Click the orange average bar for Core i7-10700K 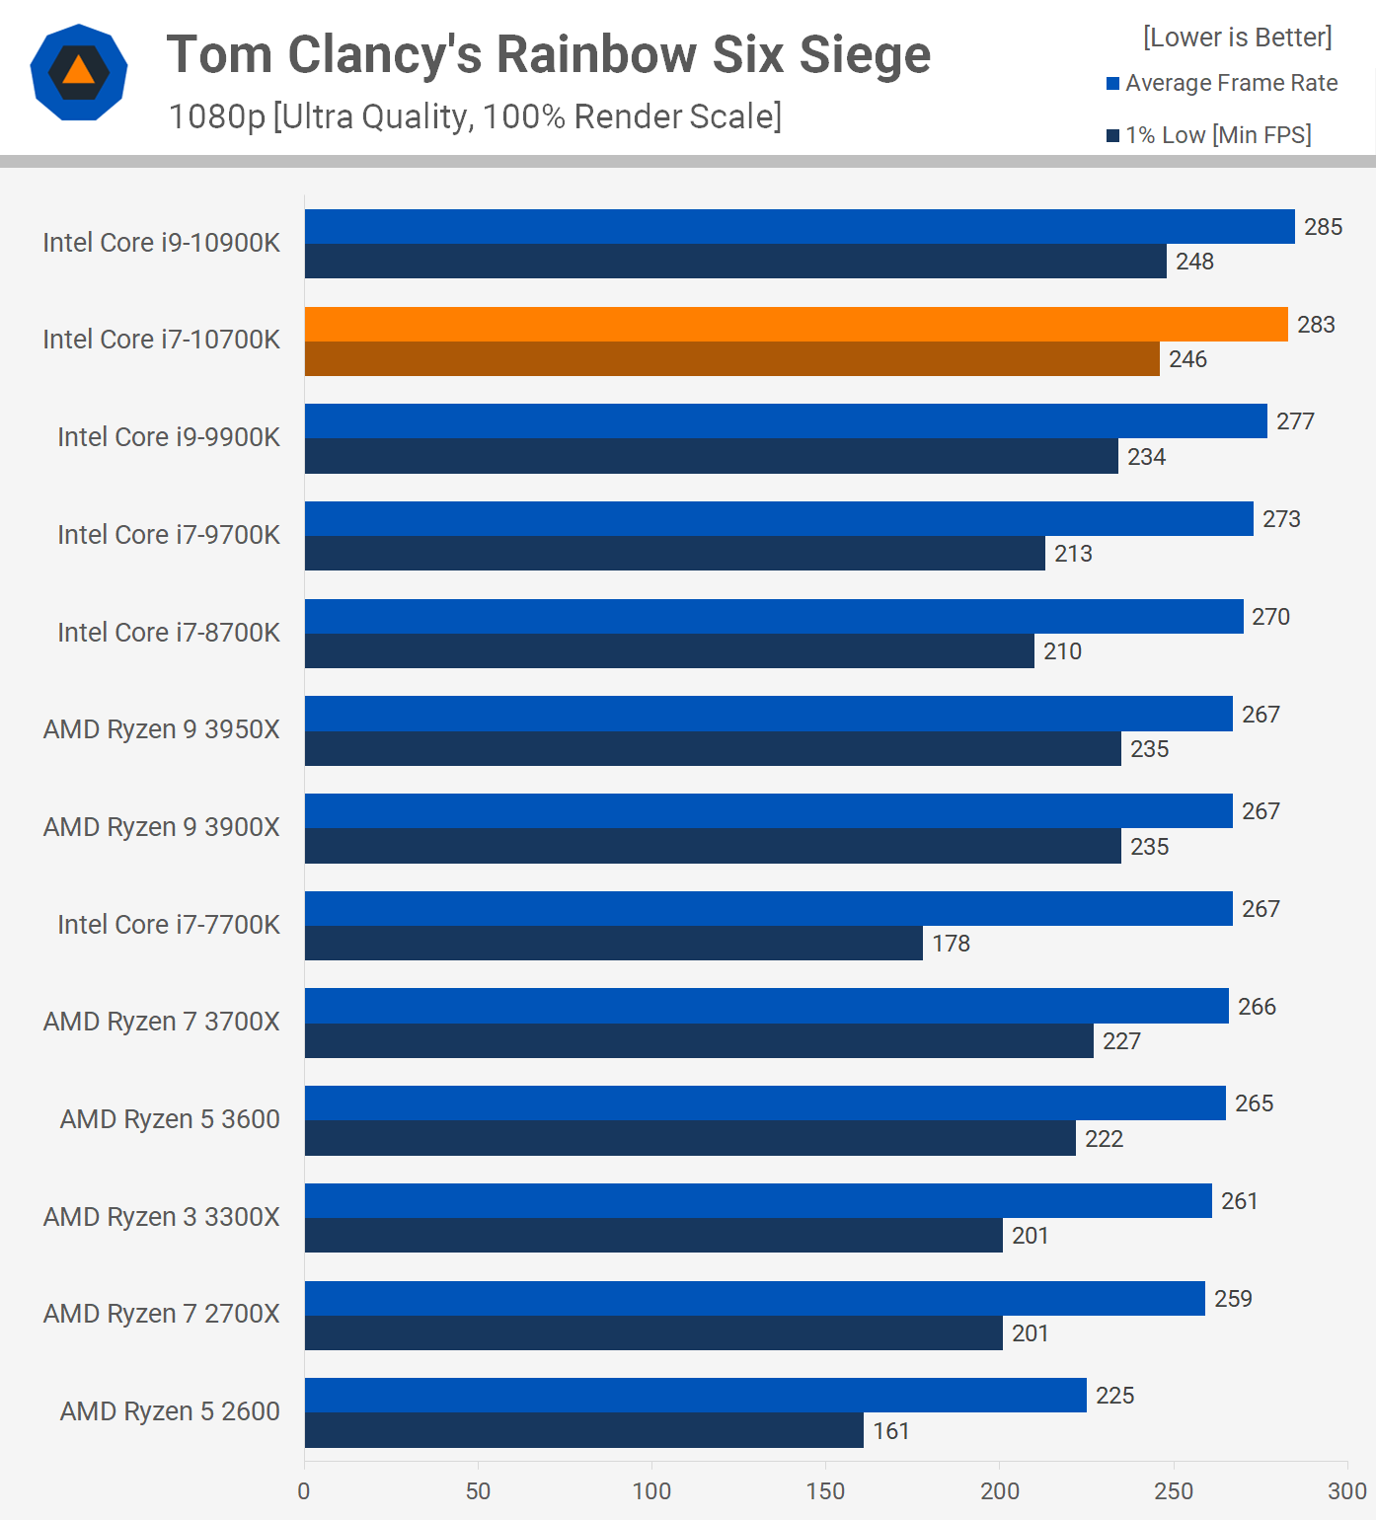coord(796,325)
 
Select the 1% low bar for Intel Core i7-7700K coord(613,944)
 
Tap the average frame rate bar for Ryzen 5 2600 coord(695,1396)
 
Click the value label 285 coord(1323,227)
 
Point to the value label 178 coord(951,944)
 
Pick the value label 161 coord(890,1431)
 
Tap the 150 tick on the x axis coord(825,1490)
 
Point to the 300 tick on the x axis coord(1346,1490)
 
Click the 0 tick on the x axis coord(304,1490)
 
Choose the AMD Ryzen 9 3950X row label coord(162,729)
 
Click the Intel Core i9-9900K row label coord(169,437)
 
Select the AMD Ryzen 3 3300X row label coord(162,1217)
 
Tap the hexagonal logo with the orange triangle coord(79,72)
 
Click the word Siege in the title coord(865,54)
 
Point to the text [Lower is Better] coord(1237,38)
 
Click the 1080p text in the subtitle coord(217,116)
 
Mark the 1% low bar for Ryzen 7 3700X coord(699,1041)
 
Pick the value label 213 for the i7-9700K coord(1073,554)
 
